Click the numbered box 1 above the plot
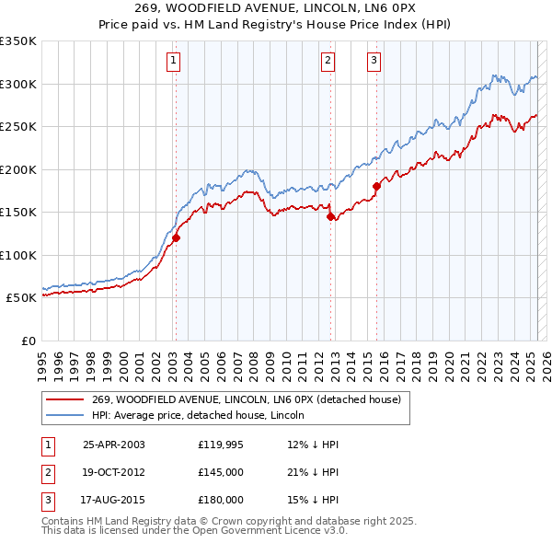point(174,62)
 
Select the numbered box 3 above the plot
point(374,62)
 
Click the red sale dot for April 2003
point(176,237)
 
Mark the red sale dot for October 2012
point(330,217)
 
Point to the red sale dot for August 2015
point(376,187)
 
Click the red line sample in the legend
point(64,400)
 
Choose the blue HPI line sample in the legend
point(64,415)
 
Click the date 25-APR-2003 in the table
point(114,445)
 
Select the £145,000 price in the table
point(221,472)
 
